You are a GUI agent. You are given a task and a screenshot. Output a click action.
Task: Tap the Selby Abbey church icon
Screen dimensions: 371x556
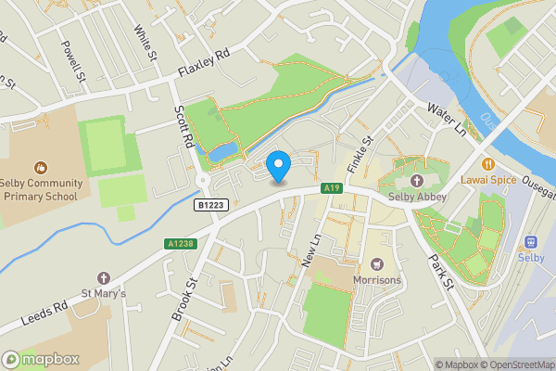click(x=417, y=180)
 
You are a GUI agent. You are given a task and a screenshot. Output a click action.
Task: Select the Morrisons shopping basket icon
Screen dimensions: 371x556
click(x=377, y=265)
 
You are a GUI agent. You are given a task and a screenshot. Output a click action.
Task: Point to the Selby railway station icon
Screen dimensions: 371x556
click(x=531, y=242)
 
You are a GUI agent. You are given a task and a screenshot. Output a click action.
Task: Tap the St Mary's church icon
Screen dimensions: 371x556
click(x=103, y=278)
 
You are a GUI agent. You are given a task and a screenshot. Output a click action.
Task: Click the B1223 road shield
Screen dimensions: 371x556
click(x=211, y=205)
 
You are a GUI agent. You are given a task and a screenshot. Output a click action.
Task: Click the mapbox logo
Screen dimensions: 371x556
click(x=41, y=359)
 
